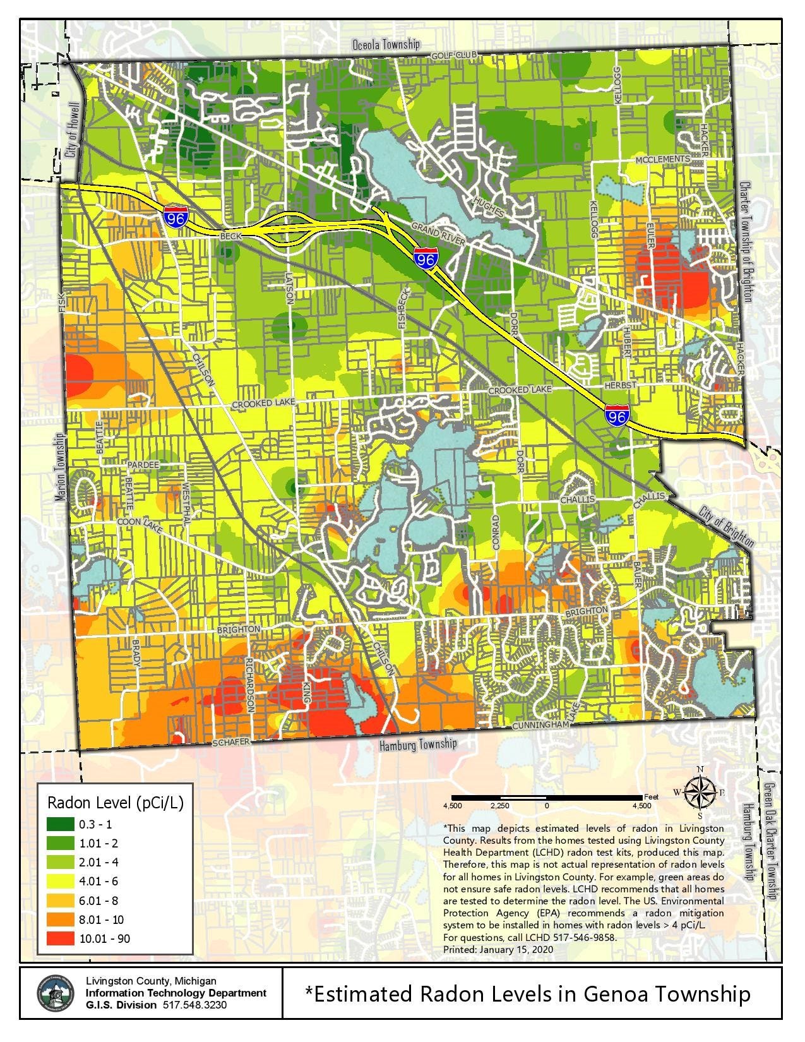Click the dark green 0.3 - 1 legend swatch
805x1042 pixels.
[60, 824]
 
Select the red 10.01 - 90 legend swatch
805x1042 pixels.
[60, 938]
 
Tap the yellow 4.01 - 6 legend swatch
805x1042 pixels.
[60, 881]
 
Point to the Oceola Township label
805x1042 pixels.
[385, 44]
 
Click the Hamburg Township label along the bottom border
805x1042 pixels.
[417, 745]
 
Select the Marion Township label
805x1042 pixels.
[61, 467]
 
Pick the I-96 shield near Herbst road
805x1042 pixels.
[616, 415]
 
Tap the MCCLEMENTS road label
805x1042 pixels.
[662, 159]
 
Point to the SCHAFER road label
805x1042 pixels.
[231, 743]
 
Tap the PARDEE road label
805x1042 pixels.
[143, 465]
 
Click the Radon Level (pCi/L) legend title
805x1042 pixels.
[116, 803]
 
